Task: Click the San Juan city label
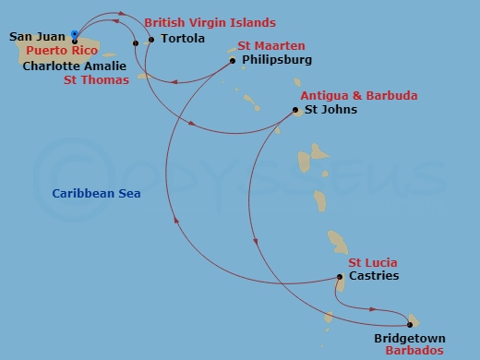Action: [36, 37]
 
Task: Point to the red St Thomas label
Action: [95, 80]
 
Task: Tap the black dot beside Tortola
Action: [151, 40]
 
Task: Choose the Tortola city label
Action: [183, 40]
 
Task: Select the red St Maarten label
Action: [271, 46]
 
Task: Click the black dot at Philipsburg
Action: [231, 61]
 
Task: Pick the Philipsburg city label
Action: [276, 60]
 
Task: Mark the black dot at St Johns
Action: [294, 110]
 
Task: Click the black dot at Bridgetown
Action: [410, 324]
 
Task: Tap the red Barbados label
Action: [414, 352]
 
